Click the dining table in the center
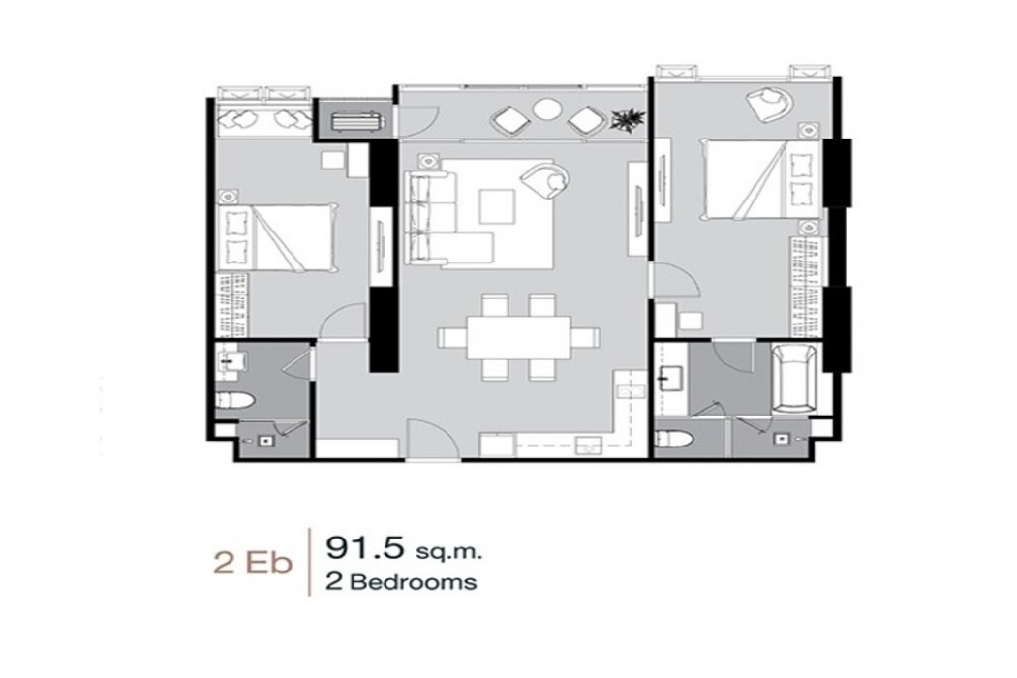click(x=519, y=337)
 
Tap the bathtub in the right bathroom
click(x=794, y=379)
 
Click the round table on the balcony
click(x=546, y=109)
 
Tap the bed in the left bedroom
click(x=277, y=237)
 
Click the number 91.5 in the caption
click(x=364, y=548)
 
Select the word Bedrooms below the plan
click(x=414, y=582)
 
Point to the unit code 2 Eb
click(x=252, y=563)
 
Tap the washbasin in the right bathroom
click(x=669, y=378)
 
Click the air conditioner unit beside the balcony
click(x=355, y=121)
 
